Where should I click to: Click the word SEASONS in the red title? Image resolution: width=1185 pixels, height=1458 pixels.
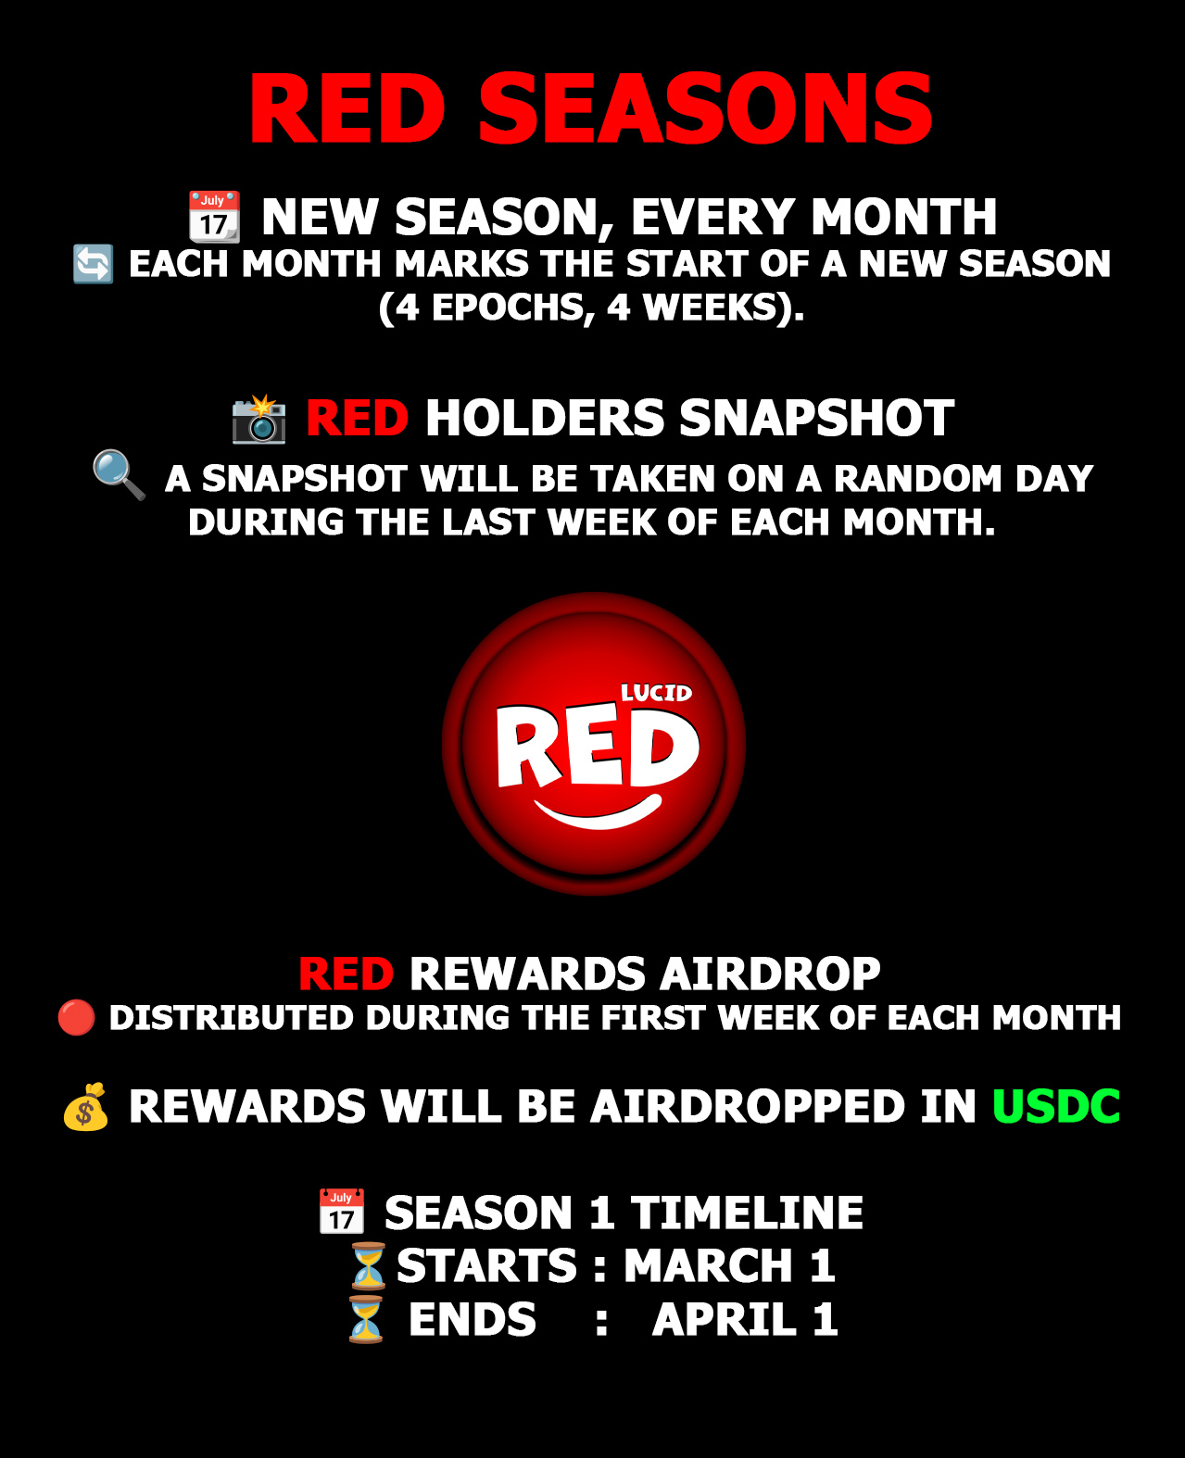705,108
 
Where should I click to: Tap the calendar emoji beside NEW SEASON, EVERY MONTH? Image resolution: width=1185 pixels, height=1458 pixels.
214,217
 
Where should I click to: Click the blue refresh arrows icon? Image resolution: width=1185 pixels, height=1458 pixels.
93,264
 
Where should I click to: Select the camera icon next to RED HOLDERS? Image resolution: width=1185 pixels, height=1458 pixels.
258,419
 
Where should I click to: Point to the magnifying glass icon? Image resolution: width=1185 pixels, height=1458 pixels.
120,475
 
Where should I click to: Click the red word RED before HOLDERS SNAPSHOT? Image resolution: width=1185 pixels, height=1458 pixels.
357,418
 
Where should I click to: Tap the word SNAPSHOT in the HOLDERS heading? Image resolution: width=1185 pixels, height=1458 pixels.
816,418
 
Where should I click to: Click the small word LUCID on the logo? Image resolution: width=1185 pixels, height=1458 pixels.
656,693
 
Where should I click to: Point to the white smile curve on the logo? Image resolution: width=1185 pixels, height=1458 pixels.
598,811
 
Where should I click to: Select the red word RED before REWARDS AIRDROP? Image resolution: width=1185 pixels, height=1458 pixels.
347,974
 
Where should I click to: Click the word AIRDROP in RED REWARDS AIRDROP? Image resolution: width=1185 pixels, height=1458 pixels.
770,974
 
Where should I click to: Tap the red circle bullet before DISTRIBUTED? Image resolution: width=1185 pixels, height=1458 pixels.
76,1017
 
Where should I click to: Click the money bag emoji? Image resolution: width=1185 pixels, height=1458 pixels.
85,1107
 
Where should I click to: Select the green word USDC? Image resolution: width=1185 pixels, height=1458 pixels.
1056,1106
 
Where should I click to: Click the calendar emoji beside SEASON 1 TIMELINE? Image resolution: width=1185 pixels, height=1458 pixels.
342,1212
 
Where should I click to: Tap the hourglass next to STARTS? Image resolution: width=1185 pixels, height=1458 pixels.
369,1265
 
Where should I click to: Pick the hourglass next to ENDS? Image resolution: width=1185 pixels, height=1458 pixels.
366,1319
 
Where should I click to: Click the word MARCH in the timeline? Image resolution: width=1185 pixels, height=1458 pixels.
708,1265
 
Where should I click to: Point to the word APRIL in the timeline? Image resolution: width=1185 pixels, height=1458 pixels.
725,1319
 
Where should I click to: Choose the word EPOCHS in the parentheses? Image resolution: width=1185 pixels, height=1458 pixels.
507,307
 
